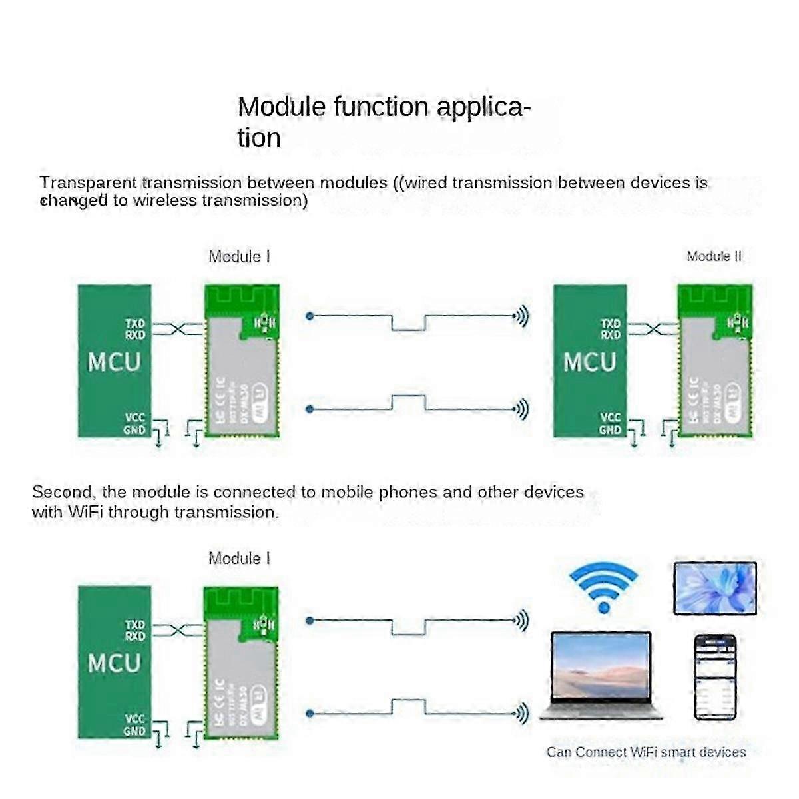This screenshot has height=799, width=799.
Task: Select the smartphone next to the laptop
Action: [x=715, y=677]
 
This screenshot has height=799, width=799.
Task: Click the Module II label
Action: [x=714, y=256]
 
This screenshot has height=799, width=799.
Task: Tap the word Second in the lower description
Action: [x=62, y=493]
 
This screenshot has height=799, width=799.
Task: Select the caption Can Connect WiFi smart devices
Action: [x=646, y=752]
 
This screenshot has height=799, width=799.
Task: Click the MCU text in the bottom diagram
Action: [x=115, y=663]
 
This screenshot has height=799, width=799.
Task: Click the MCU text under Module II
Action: [x=590, y=362]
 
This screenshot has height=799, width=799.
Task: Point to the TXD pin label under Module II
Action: [x=611, y=324]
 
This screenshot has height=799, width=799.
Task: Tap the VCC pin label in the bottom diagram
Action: [x=134, y=719]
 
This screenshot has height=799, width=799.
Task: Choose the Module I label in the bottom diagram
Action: [x=240, y=559]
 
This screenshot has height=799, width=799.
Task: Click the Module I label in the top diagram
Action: [x=240, y=256]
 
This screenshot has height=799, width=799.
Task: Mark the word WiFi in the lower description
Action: [x=85, y=512]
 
